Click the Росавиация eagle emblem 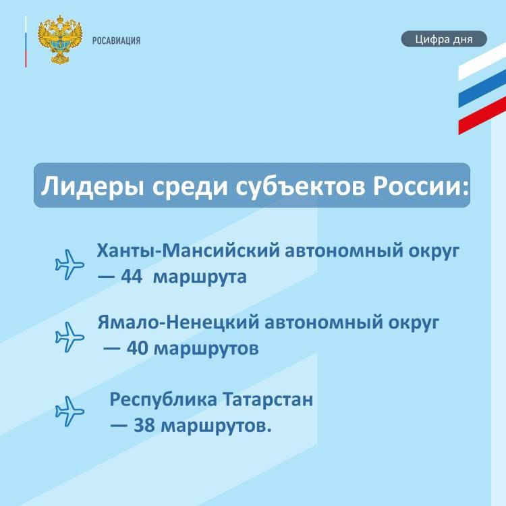(60, 40)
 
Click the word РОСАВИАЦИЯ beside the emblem (117, 40)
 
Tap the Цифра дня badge (444, 39)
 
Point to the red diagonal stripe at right (482, 115)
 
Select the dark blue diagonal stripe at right (482, 88)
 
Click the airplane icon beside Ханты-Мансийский (69, 264)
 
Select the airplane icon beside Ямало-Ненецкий (69, 337)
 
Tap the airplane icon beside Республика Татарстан (69, 411)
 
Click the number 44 (132, 277)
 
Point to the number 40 (137, 348)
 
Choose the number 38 (144, 425)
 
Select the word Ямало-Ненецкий (178, 322)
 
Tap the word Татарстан (268, 399)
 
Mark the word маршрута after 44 (200, 278)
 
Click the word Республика (163, 400)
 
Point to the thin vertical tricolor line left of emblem (26, 41)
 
